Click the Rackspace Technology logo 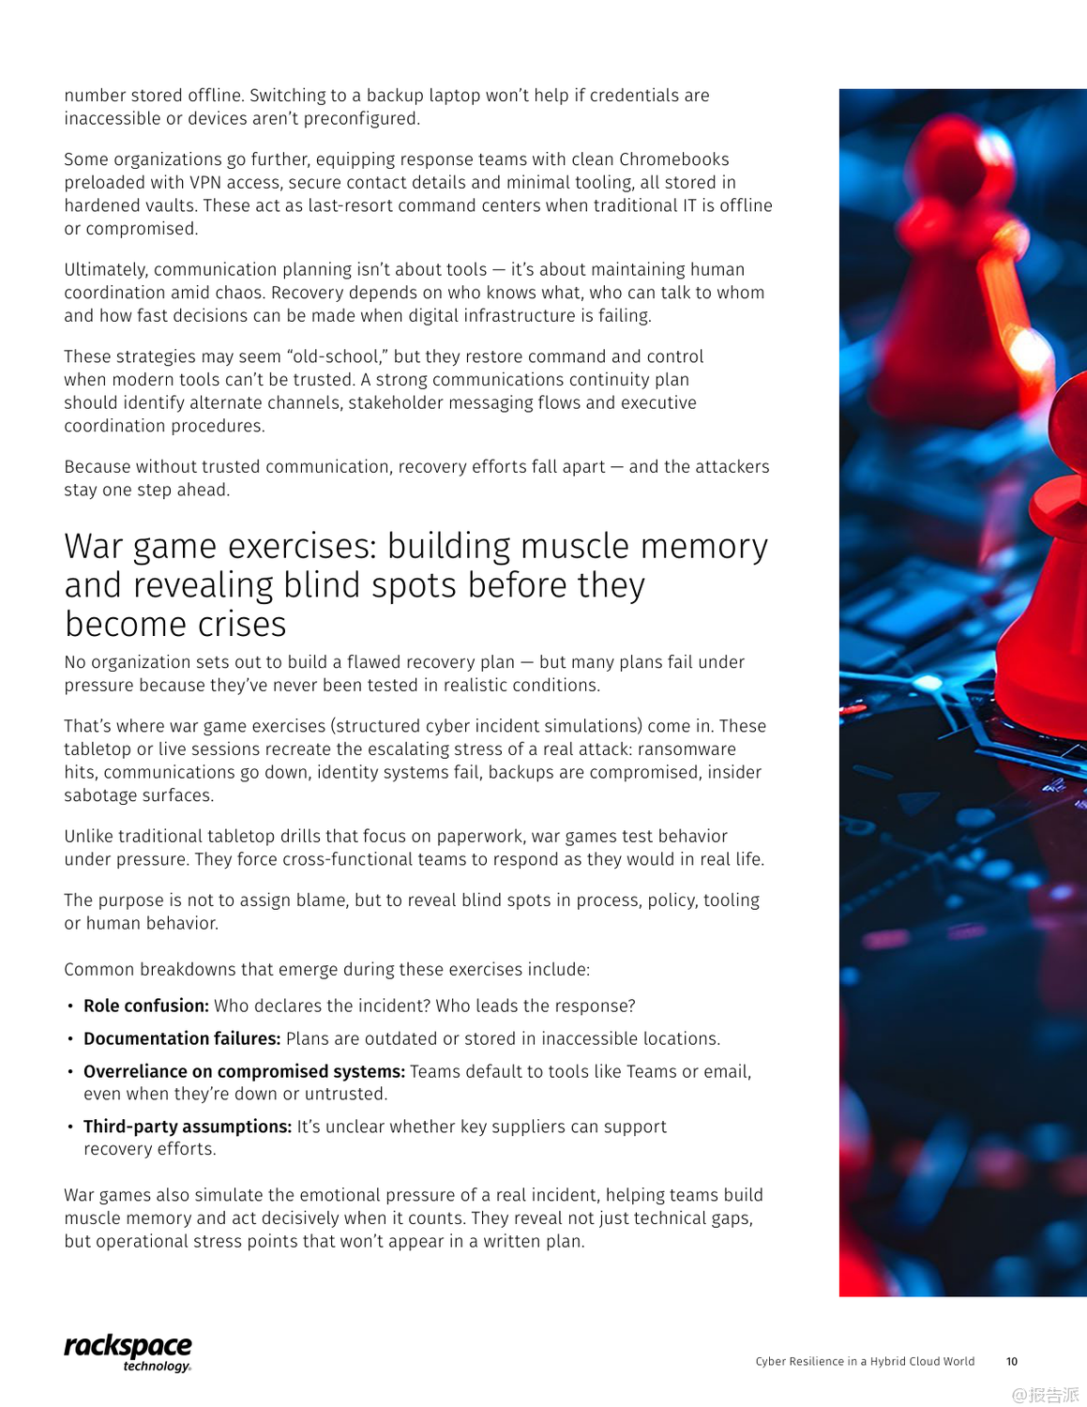coord(128,1352)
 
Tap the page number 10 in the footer coord(1011,1361)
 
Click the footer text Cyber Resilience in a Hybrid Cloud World coord(865,1361)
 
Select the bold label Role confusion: coord(145,1006)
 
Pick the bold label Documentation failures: coord(182,1038)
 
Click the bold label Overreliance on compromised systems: coord(244,1071)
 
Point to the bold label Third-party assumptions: coord(188,1127)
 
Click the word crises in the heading coord(241,624)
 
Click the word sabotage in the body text coord(101,795)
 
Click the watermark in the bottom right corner coord(1045,1394)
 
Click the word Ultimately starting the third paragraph coord(105,270)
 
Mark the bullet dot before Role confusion coord(70,1006)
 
